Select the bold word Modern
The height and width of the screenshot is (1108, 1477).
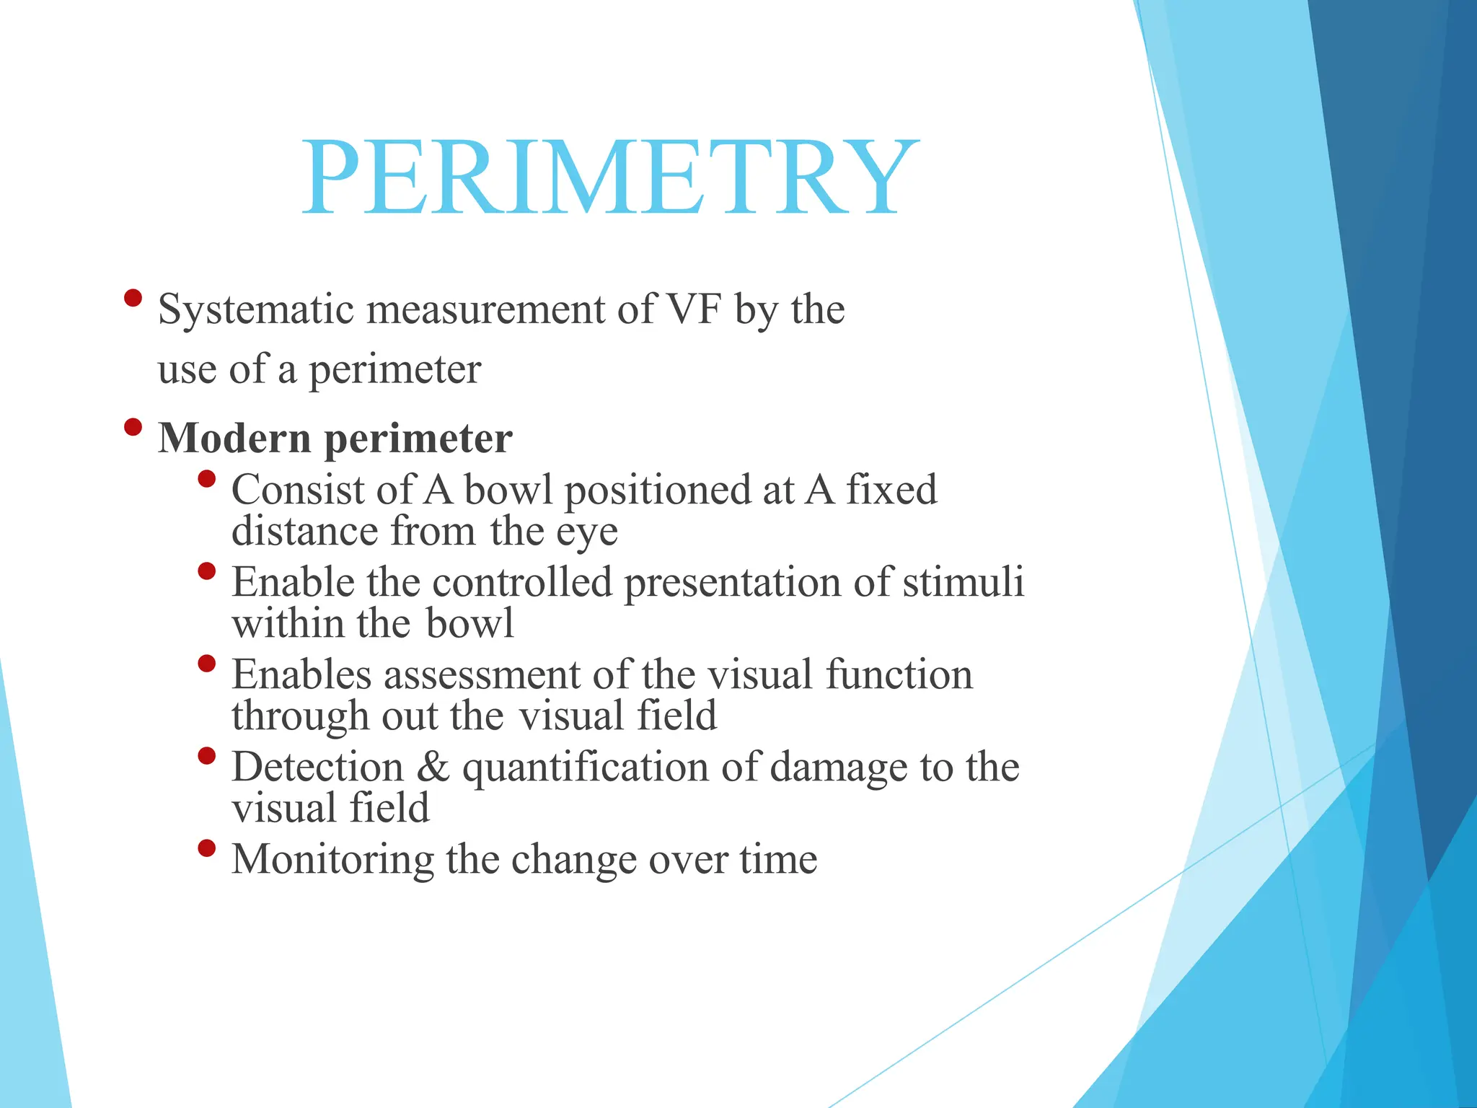[234, 438]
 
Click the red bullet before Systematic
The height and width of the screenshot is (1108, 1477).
[133, 298]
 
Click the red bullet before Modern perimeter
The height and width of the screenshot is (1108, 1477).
[133, 427]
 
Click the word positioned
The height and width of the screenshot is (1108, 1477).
[657, 491]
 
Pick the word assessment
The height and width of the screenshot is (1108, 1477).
[482, 676]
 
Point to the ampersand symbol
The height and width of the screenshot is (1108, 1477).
[433, 767]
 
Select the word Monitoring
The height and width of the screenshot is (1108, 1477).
[332, 861]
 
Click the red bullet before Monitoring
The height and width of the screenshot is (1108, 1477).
[206, 848]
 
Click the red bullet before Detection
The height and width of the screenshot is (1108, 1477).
[206, 756]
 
